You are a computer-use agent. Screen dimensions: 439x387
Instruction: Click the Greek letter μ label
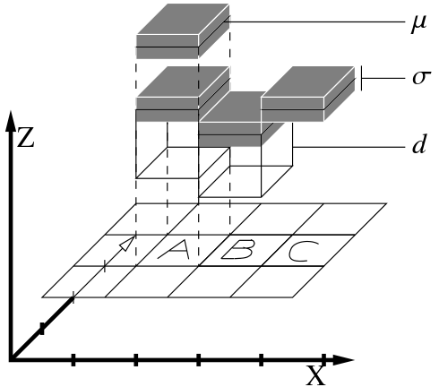click(x=419, y=24)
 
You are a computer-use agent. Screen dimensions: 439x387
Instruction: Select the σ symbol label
click(x=421, y=78)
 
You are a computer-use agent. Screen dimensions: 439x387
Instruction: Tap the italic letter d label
click(x=419, y=144)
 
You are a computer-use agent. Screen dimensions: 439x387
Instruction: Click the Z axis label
click(x=26, y=138)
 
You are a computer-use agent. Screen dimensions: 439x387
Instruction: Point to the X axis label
click(x=316, y=375)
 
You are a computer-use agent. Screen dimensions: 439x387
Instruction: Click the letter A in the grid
click(x=175, y=249)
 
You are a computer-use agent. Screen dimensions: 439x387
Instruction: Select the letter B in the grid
click(x=238, y=249)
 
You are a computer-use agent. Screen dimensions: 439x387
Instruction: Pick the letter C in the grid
click(x=303, y=252)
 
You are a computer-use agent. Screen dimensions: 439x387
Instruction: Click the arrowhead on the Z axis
click(x=11, y=121)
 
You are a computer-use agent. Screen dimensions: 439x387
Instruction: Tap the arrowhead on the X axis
click(x=343, y=360)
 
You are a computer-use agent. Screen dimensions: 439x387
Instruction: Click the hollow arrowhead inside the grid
click(x=127, y=243)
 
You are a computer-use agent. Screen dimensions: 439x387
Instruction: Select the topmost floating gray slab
click(x=183, y=31)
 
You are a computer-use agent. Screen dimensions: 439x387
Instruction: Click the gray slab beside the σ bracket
click(x=308, y=94)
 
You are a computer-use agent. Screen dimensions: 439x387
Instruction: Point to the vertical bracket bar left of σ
click(x=361, y=78)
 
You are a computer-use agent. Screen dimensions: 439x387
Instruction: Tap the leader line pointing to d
click(x=349, y=147)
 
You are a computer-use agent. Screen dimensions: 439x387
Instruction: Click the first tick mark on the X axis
click(x=73, y=359)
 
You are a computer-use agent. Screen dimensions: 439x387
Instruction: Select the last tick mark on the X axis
click(x=323, y=359)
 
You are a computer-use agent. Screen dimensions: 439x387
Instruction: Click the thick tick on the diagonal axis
click(x=42, y=329)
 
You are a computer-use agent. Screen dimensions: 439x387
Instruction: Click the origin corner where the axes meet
click(x=12, y=359)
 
